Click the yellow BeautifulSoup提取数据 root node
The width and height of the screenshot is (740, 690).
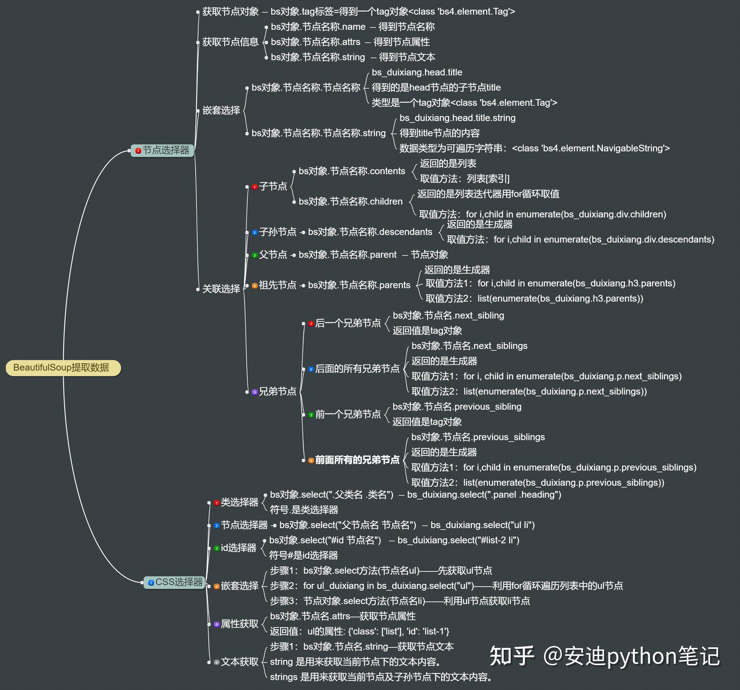click(x=63, y=368)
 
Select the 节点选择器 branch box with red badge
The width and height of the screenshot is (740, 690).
click(x=162, y=150)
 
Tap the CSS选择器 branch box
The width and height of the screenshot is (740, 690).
click(x=175, y=582)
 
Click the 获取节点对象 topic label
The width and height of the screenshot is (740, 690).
click(x=230, y=11)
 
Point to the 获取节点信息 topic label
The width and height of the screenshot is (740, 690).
click(x=230, y=42)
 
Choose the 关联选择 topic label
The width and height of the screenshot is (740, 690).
click(x=221, y=289)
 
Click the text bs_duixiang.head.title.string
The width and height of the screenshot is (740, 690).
click(x=457, y=118)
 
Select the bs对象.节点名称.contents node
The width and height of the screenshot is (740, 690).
click(x=352, y=171)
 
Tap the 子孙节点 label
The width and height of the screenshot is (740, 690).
click(x=278, y=232)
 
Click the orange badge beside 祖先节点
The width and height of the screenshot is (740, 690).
click(x=254, y=286)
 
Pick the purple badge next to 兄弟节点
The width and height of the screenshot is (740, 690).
click(x=254, y=392)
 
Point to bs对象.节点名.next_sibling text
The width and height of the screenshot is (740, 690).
click(x=449, y=315)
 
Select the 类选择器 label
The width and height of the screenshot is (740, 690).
click(x=239, y=503)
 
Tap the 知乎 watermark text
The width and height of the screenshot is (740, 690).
click(x=512, y=656)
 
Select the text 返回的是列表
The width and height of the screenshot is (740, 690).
click(x=448, y=164)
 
